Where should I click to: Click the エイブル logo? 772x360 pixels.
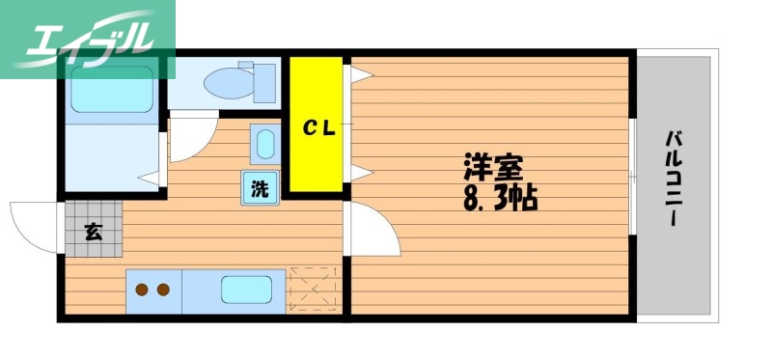[87, 39]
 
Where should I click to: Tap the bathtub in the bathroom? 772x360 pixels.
[110, 89]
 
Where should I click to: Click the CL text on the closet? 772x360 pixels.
[317, 127]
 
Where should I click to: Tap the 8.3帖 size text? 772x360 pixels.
[498, 199]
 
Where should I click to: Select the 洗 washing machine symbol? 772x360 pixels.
[260, 188]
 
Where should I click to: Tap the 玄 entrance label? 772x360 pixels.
[94, 231]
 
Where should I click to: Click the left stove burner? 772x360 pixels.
[142, 289]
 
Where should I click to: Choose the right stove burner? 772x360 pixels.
[163, 289]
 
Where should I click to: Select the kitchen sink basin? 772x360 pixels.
[247, 290]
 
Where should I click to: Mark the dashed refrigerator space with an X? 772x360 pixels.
[315, 290]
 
